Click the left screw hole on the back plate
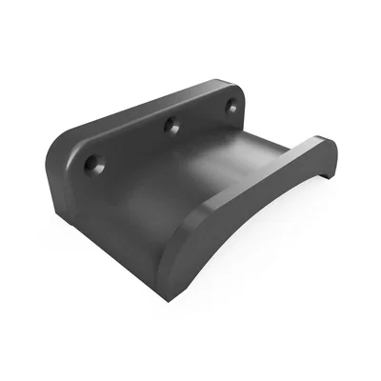(91, 165)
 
